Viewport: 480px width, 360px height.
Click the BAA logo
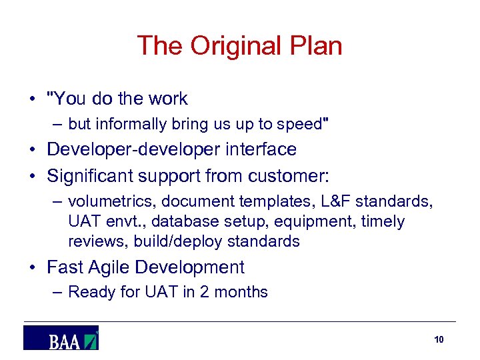(61, 338)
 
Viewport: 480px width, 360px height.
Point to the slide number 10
(439, 340)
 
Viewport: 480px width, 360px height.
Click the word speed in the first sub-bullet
(299, 124)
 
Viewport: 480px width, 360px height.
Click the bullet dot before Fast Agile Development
(33, 268)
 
